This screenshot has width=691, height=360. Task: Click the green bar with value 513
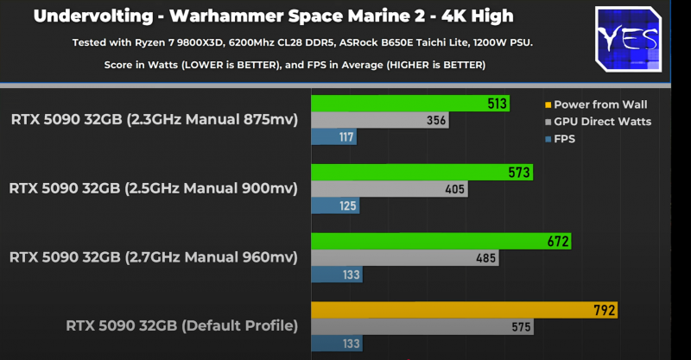pos(410,104)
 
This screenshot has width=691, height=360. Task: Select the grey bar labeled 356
pos(380,120)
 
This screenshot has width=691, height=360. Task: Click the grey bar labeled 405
pos(389,188)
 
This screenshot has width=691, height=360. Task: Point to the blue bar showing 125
pos(335,205)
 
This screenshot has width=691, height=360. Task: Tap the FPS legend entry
pos(565,137)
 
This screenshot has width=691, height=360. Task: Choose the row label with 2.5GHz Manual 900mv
pos(154,188)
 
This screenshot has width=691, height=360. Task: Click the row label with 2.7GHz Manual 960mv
pos(154,256)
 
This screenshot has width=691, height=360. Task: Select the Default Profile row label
pos(181,325)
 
